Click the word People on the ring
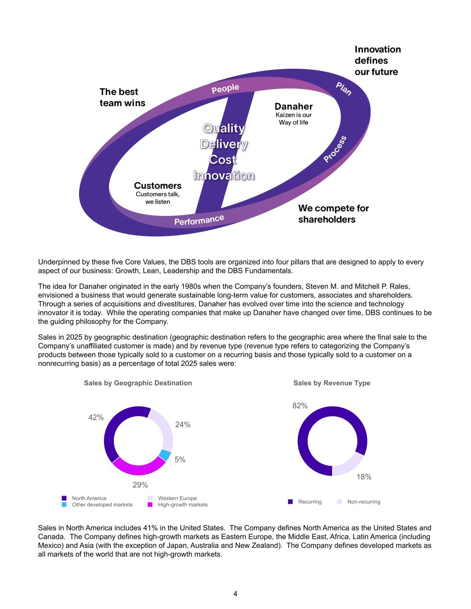click(225, 88)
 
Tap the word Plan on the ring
click(344, 89)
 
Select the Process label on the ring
click(335, 149)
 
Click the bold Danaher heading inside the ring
click(293, 107)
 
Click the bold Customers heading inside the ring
click(158, 186)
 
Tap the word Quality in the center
click(224, 128)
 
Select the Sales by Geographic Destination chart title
click(138, 383)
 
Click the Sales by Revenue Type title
click(332, 383)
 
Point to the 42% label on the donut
click(96, 418)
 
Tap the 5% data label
click(180, 460)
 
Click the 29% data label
click(140, 485)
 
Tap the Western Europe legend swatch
click(150, 498)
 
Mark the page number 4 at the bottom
click(235, 594)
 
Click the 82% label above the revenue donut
click(300, 406)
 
